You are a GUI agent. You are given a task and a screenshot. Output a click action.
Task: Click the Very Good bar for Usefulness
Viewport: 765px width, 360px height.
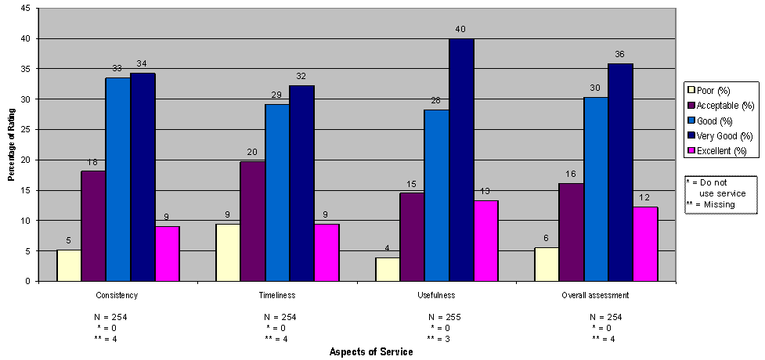(461, 160)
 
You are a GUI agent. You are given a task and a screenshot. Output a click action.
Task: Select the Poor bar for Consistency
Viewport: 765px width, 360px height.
(68, 265)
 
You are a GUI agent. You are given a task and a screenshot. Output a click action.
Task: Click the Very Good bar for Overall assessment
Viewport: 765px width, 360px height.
(620, 171)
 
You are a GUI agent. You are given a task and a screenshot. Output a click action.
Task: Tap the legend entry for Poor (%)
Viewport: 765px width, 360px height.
(718, 90)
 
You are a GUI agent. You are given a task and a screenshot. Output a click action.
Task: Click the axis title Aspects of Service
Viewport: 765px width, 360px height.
(371, 351)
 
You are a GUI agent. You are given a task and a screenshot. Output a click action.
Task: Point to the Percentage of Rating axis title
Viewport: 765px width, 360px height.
(11, 144)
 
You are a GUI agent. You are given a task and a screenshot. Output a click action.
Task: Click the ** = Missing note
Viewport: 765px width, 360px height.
(711, 204)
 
